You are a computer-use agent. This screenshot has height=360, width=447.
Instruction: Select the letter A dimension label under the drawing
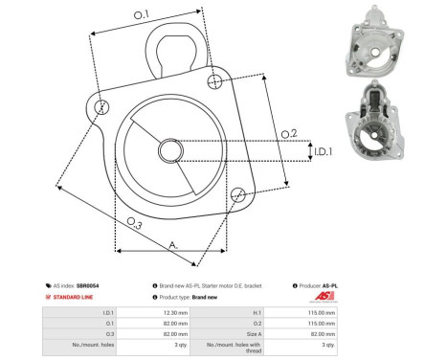(173, 245)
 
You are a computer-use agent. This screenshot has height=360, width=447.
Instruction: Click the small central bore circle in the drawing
(171, 150)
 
